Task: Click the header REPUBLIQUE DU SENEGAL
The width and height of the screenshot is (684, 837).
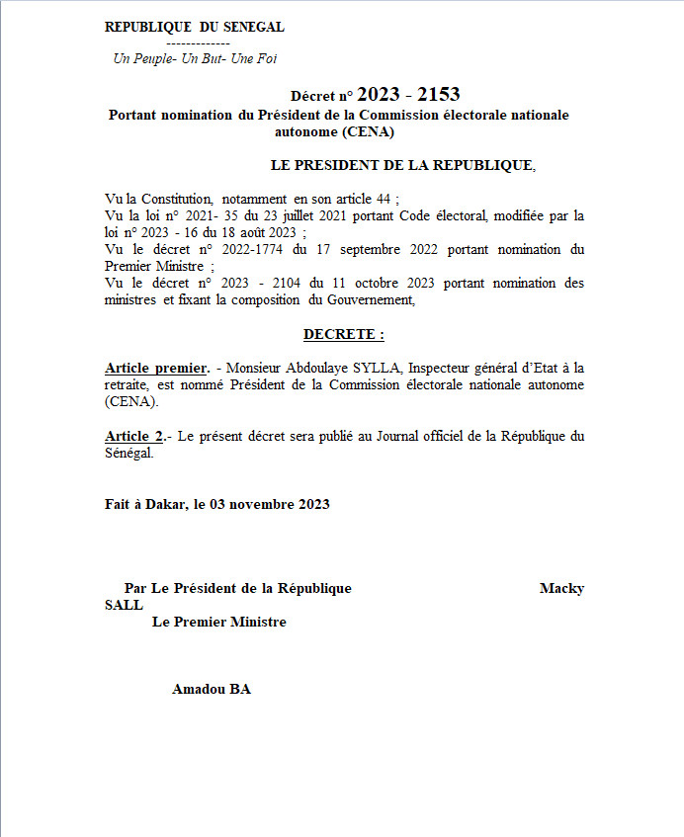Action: coord(194,28)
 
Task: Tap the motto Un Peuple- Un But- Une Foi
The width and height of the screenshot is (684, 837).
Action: coord(196,58)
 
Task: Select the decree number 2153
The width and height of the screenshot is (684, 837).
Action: coord(438,95)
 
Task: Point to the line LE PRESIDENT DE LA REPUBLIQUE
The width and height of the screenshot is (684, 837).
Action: coord(401,165)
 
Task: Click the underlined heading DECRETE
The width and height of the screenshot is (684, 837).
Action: coord(342,335)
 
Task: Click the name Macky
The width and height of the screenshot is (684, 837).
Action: coord(561,588)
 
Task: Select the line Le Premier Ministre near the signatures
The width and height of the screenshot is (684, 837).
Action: coord(218,622)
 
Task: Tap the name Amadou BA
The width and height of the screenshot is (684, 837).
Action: coord(212,689)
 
